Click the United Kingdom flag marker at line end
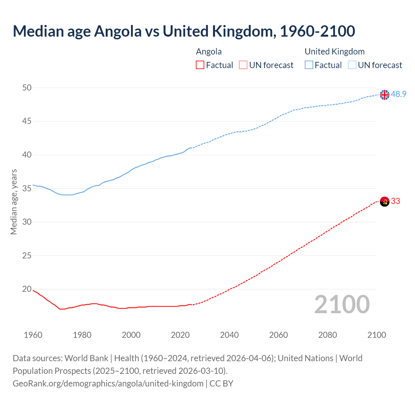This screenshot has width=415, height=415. [385, 95]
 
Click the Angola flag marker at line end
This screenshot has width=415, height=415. [385, 201]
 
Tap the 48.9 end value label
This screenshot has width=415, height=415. [398, 94]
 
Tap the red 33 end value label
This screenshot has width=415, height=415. [395, 201]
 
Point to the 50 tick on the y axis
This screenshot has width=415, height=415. [27, 88]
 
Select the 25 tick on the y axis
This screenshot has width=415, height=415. [27, 255]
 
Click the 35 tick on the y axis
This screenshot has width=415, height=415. [27, 188]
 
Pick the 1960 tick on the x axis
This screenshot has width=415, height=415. [33, 335]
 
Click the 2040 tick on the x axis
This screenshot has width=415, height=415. [229, 335]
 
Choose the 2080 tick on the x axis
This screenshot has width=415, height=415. [327, 335]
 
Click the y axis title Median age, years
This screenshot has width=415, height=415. [14, 202]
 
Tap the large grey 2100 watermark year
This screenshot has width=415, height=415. [342, 304]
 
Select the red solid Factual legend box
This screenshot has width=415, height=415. [200, 65]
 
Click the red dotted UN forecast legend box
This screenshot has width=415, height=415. [243, 65]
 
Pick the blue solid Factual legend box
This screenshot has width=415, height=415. [309, 65]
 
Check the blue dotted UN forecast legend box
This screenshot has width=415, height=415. [352, 65]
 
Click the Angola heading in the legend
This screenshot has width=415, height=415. [209, 52]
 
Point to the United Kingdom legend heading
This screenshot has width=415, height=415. [335, 52]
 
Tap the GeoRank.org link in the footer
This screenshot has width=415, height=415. [108, 384]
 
